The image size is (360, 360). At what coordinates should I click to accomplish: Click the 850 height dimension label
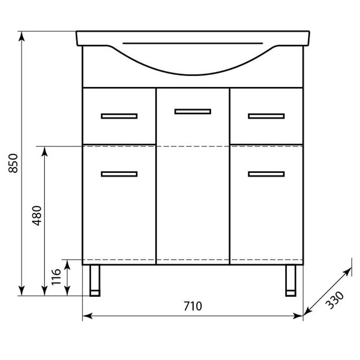point(13,163)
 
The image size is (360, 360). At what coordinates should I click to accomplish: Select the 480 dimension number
point(37,215)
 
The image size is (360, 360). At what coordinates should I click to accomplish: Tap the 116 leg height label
point(56,277)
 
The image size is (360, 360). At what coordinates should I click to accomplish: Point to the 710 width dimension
point(193,306)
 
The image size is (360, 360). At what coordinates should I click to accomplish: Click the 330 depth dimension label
point(335,300)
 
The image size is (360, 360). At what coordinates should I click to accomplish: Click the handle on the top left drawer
point(119,116)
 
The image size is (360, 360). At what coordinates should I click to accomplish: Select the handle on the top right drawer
point(266,116)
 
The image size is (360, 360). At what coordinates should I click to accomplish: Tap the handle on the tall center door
point(193,111)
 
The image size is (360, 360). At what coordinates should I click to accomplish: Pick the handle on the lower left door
point(119,174)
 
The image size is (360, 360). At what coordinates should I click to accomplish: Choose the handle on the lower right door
point(266,174)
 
